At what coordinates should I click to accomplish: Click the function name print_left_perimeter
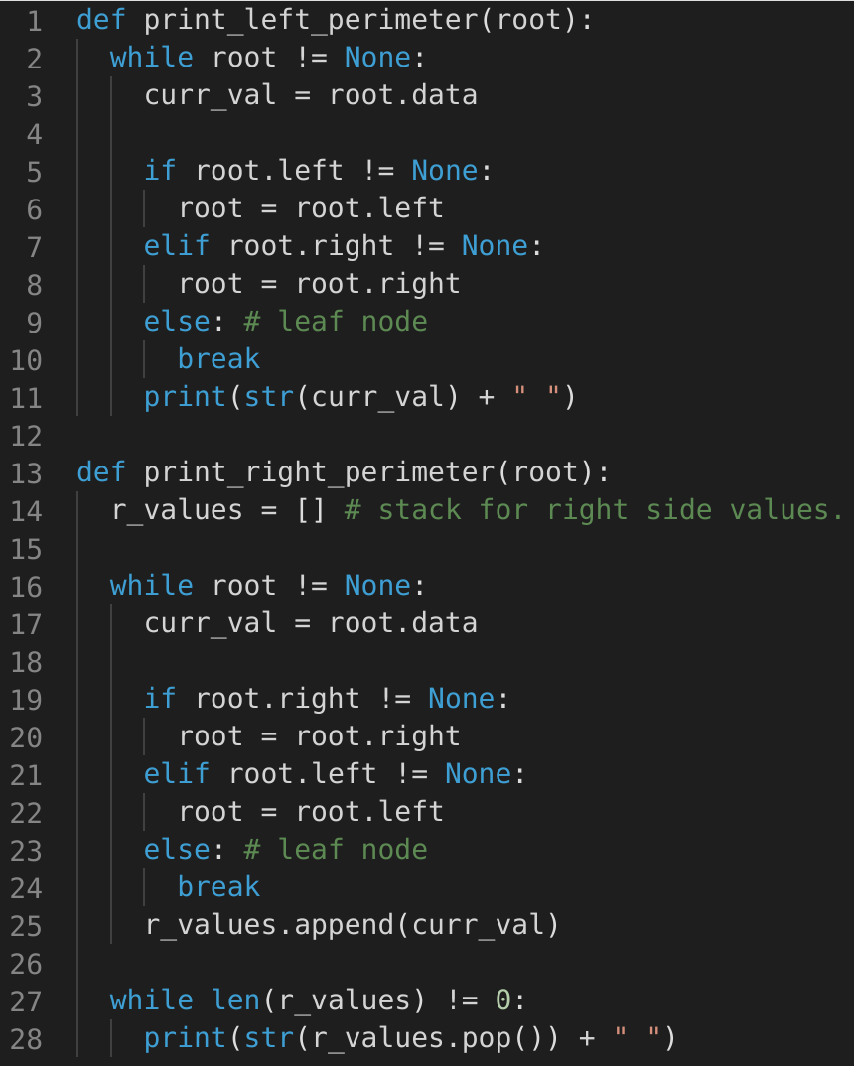(312, 20)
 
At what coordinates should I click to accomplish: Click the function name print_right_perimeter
(320, 472)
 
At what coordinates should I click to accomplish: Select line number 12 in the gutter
(28, 436)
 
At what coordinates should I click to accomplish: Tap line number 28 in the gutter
(28, 1039)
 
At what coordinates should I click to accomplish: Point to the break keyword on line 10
(218, 359)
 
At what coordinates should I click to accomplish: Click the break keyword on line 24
(218, 887)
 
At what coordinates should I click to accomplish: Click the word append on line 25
(346, 925)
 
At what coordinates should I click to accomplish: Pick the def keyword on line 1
(101, 20)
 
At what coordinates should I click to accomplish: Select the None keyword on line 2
(378, 58)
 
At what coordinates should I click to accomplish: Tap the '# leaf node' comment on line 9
(354, 322)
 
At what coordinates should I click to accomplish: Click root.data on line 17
(403, 623)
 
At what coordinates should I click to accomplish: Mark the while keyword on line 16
(152, 586)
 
